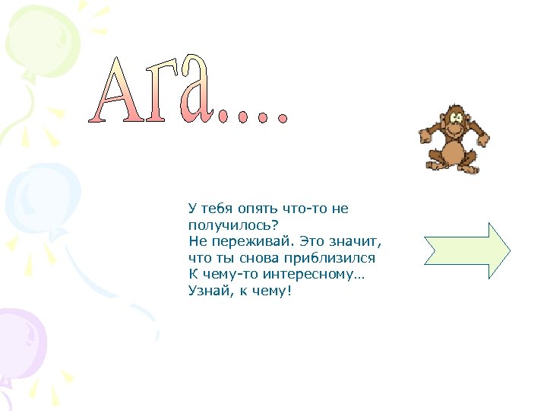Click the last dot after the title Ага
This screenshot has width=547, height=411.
point(283,118)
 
